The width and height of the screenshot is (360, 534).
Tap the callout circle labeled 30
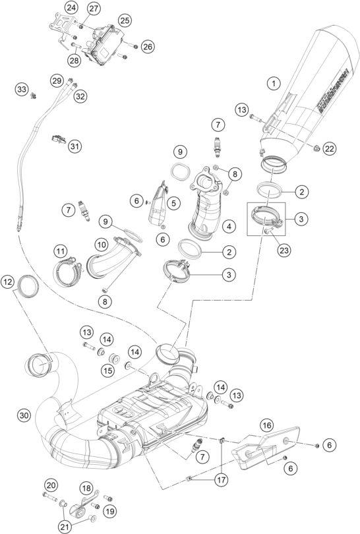coord(24,415)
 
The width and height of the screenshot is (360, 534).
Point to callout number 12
coord(8,282)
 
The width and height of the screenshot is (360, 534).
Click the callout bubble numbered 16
coord(266,425)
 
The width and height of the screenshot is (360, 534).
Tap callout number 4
coord(228,227)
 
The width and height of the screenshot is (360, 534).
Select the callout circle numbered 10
coord(102,245)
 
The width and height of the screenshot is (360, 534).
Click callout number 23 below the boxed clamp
coord(284,250)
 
